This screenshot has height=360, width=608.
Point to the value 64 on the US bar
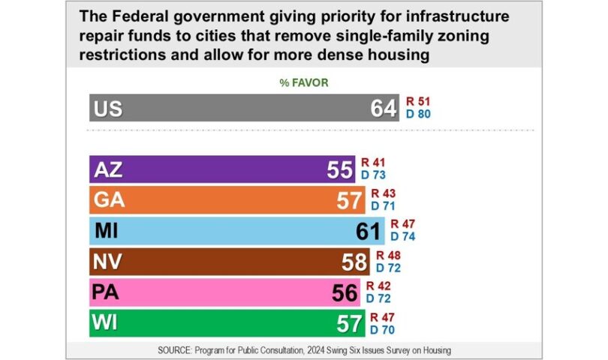(x=383, y=109)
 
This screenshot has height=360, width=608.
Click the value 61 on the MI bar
(x=369, y=231)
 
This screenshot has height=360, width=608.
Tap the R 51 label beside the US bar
(x=418, y=101)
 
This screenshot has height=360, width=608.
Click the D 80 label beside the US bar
(x=418, y=115)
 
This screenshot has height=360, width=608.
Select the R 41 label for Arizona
(x=375, y=163)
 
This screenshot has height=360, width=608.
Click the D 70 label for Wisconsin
(x=381, y=329)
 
